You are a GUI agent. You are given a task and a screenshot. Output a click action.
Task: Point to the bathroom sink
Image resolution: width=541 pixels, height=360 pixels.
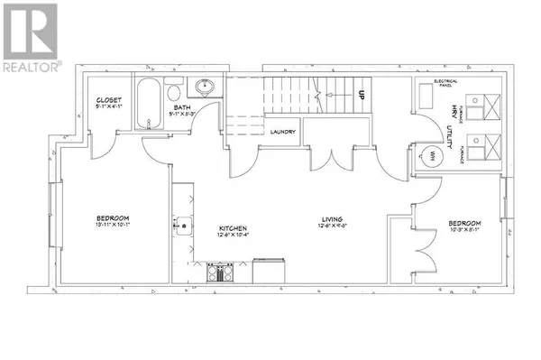pos(206,88)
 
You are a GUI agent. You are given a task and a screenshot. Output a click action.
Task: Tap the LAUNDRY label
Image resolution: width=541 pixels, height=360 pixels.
pos(283,132)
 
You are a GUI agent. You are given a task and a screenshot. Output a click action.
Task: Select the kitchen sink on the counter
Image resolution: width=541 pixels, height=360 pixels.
pos(182,224)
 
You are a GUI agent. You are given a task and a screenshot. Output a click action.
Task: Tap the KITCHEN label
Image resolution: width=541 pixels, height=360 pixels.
pos(233,228)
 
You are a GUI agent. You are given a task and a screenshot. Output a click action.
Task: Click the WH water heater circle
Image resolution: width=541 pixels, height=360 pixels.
pos(431,156)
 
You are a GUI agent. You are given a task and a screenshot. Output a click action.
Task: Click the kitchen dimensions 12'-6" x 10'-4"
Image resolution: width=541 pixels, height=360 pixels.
pos(233,235)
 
